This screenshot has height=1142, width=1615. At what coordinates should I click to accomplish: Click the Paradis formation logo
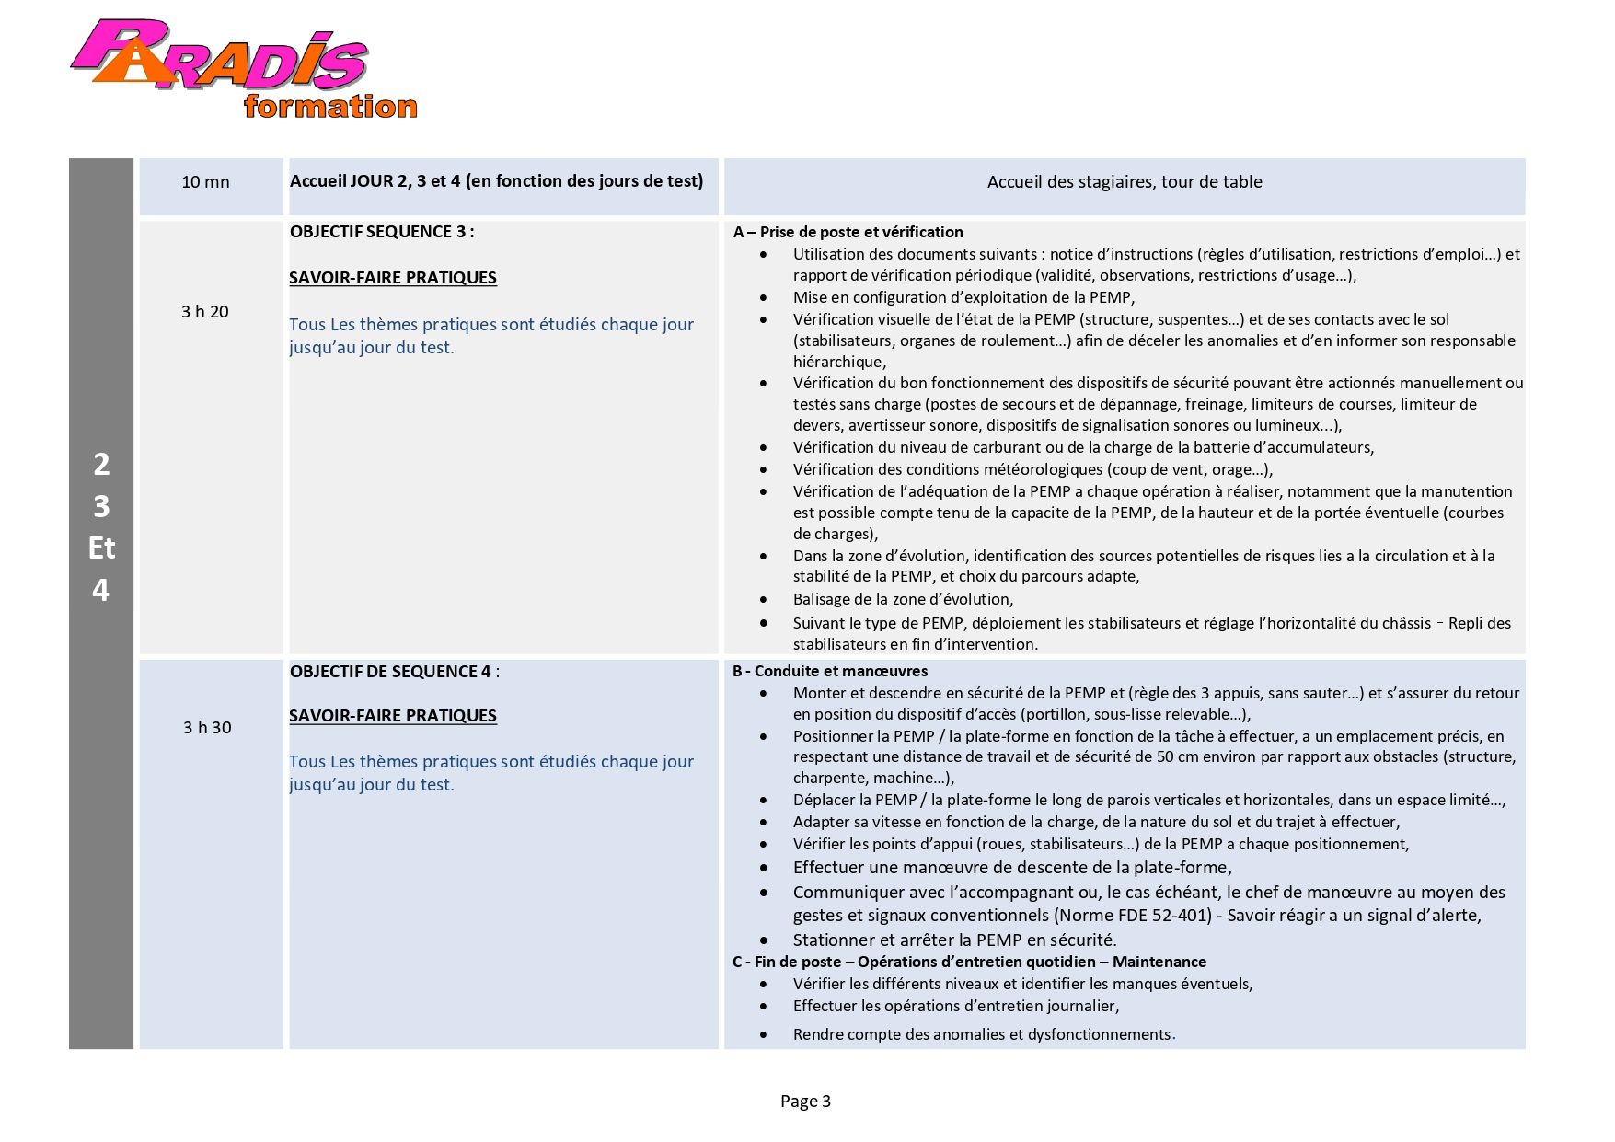coord(243,70)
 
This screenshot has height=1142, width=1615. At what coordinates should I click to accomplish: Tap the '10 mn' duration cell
coord(205,182)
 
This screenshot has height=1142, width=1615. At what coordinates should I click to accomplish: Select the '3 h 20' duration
coord(205,312)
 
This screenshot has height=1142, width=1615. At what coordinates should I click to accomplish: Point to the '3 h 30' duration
coord(207,728)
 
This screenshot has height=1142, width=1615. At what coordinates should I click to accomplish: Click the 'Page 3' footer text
coord(805,1102)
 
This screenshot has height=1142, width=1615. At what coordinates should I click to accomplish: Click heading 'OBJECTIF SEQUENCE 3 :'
coord(382,232)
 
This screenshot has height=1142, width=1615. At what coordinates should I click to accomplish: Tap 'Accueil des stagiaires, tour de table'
coord(1124,182)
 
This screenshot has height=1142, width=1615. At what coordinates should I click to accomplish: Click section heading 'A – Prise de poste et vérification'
coord(848,233)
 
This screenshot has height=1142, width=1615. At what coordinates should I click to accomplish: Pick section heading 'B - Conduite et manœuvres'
coord(830,672)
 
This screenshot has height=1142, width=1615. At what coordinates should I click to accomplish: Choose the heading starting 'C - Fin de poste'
coord(969,963)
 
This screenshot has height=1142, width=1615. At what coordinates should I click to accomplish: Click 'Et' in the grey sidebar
coord(101,548)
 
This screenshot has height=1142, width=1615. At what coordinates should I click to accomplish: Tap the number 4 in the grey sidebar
coord(101,590)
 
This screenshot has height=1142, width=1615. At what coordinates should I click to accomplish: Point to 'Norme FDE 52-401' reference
coord(1133,916)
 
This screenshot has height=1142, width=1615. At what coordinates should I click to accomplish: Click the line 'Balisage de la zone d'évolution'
coord(903,600)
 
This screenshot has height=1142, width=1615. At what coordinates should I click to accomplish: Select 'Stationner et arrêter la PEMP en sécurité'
coord(954,940)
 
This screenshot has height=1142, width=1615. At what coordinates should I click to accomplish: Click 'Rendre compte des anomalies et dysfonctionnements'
coord(982,1035)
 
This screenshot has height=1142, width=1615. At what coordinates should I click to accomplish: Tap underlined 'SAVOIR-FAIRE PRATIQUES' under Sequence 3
coord(393,278)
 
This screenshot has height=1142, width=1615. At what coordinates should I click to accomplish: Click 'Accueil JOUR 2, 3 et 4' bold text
coord(496,181)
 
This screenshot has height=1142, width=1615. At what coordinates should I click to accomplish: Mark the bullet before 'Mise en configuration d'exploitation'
coord(764,298)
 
